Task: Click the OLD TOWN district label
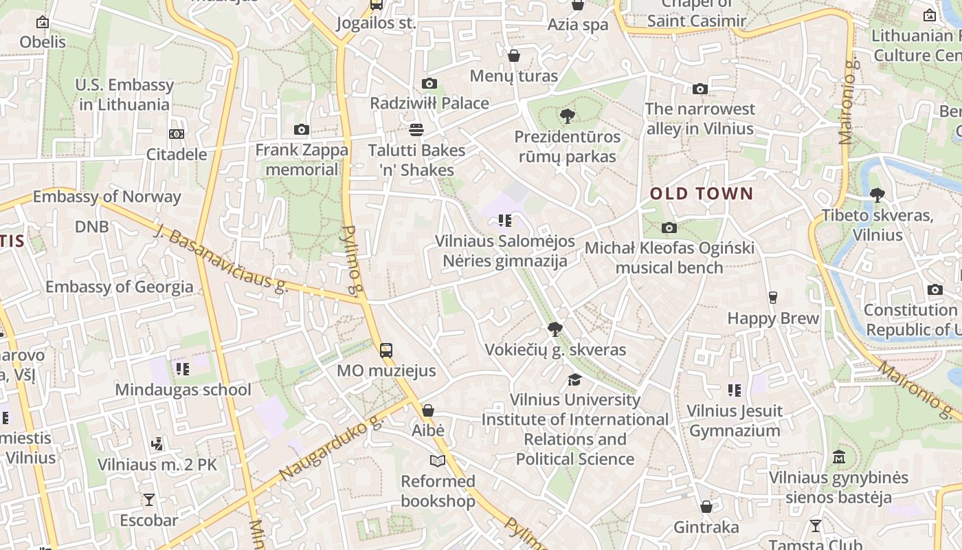[702, 194]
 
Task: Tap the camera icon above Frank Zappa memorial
[301, 130]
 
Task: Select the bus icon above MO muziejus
[386, 351]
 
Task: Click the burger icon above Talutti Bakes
[416, 130]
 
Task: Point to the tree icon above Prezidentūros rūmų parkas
[567, 116]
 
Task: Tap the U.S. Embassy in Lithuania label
[124, 95]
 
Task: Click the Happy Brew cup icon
[773, 298]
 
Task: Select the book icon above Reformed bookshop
[438, 461]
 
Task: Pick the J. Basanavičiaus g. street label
[221, 258]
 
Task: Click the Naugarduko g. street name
[331, 448]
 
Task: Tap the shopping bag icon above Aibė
[428, 410]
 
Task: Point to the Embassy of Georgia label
[120, 287]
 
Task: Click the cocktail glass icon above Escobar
[149, 500]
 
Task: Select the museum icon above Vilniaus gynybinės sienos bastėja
[838, 457]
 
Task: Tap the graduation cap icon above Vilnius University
[574, 379]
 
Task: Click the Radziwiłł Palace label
[429, 103]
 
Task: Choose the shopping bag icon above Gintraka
[706, 507]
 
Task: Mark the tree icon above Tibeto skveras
[877, 195]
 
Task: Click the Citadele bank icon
[177, 134]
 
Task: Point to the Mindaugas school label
[183, 390]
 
